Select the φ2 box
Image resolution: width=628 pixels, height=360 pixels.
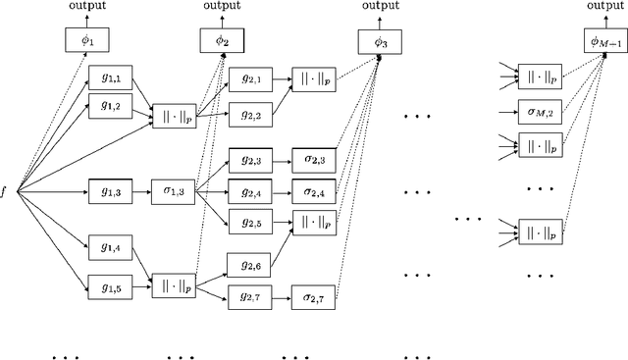click(x=223, y=41)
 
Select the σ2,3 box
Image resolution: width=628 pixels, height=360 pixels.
click(x=313, y=159)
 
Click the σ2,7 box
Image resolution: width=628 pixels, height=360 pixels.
click(x=313, y=295)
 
